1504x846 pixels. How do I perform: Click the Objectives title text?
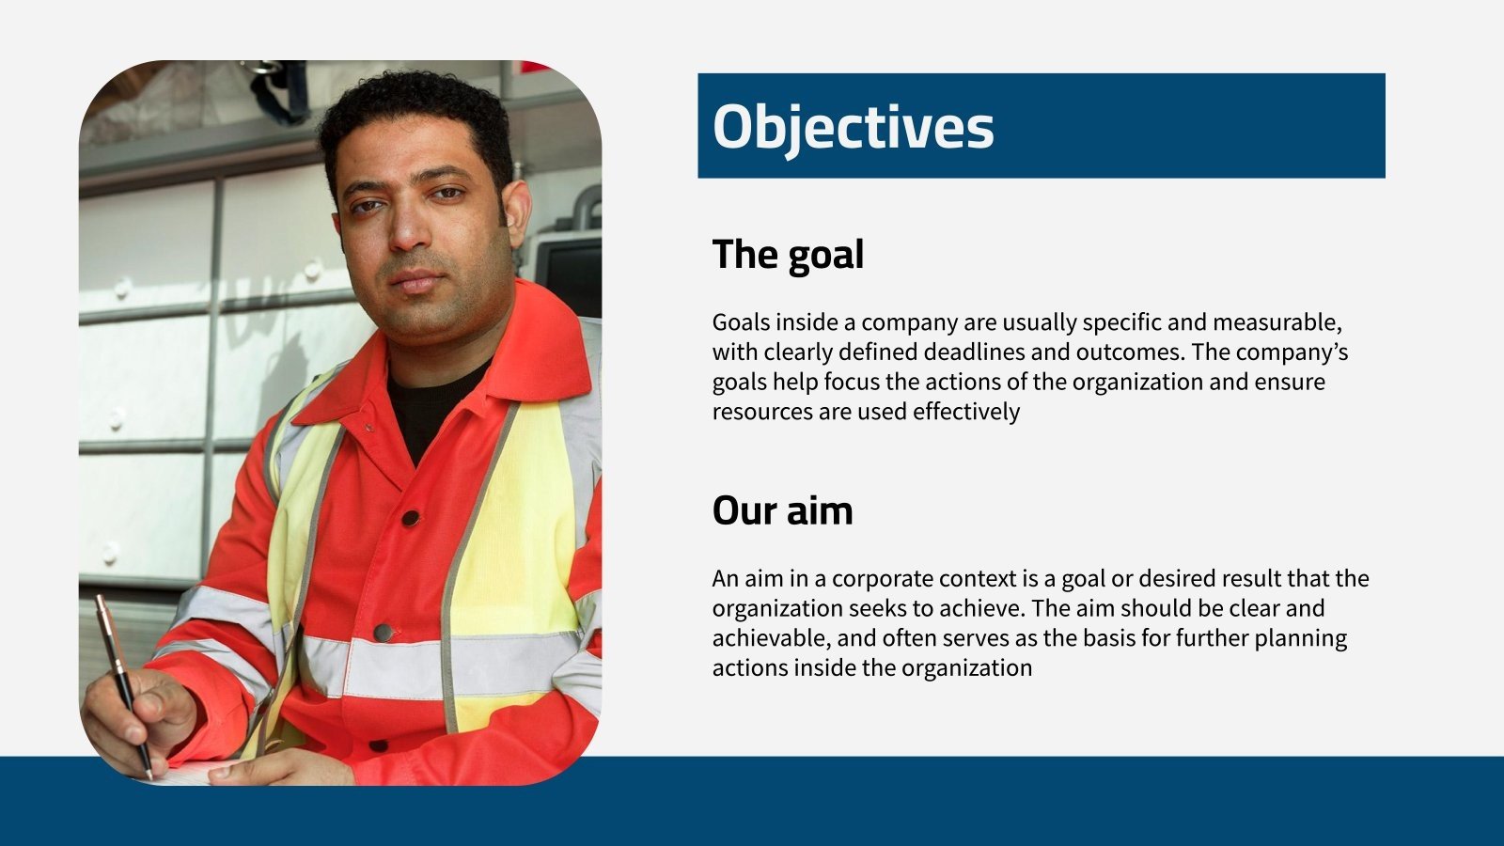pos(853,127)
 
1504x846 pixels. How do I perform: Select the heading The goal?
pos(788,255)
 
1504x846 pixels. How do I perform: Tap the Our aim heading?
pos(782,510)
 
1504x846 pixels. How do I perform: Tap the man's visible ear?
pos(516,214)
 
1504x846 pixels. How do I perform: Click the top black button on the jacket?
pos(411,518)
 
